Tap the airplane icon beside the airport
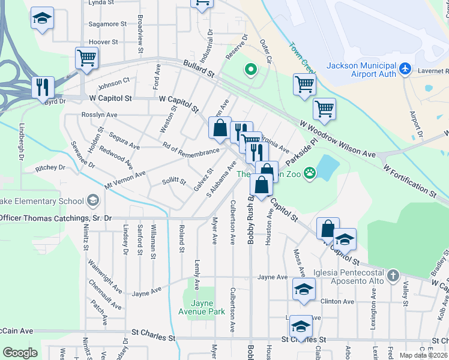click(405, 69)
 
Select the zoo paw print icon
click(310, 174)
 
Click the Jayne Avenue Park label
click(201, 307)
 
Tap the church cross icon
click(393, 275)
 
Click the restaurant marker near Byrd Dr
click(43, 86)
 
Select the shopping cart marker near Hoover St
click(86, 58)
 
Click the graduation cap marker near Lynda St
click(42, 19)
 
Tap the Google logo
click(20, 353)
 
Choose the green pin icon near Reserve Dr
click(250, 70)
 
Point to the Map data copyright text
click(424, 355)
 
